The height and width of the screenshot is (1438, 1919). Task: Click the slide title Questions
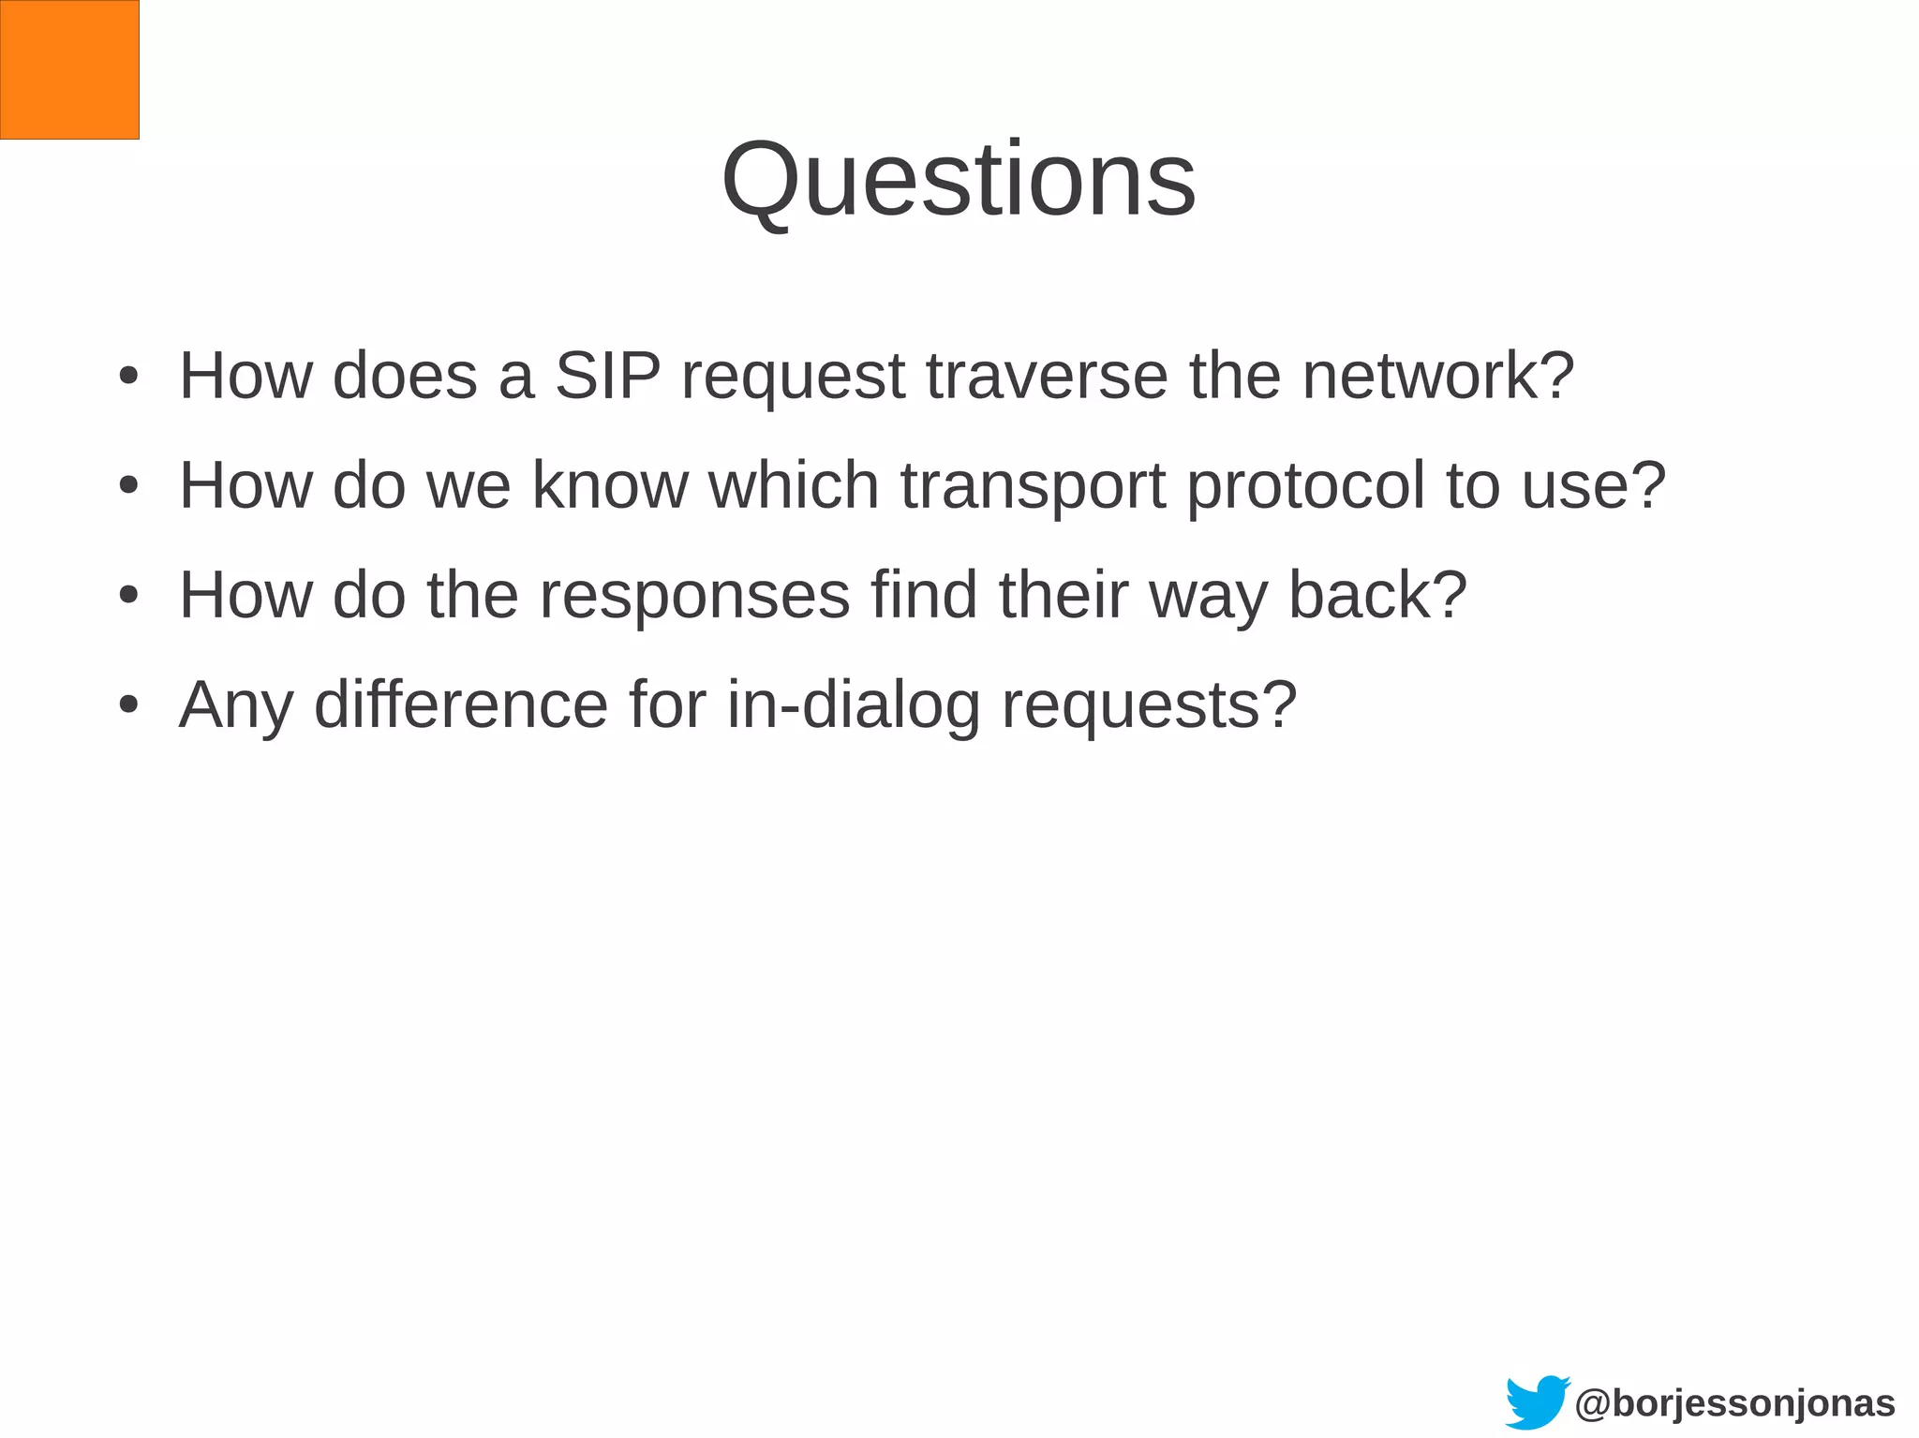pos(959,179)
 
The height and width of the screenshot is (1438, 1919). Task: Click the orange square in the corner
pos(69,69)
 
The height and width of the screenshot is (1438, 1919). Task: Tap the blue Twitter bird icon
pos(1536,1401)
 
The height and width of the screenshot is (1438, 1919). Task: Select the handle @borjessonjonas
pos(1735,1403)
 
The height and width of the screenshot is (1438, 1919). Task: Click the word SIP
pos(607,376)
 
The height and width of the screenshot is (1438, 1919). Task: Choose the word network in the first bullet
pos(1437,376)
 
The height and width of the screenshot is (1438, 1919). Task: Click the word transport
pos(1033,487)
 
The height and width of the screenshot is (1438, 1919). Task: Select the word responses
pos(694,595)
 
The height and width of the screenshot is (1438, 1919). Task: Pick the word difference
pos(461,704)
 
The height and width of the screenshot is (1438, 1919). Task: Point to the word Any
pos(235,704)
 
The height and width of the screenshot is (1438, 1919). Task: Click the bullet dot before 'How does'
pos(129,377)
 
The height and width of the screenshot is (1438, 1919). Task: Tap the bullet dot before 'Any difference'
pos(129,705)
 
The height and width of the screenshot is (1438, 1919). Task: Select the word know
pos(609,485)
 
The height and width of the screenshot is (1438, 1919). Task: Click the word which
pos(794,485)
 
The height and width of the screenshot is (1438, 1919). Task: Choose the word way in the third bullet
pos(1207,597)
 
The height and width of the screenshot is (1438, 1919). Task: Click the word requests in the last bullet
pos(1149,704)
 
